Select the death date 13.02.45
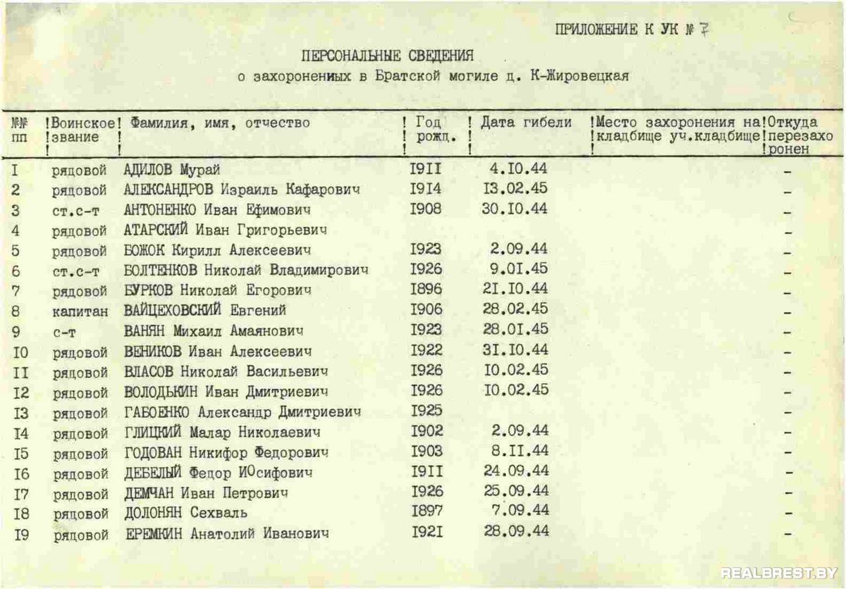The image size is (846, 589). [516, 189]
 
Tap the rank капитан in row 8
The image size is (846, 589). [80, 311]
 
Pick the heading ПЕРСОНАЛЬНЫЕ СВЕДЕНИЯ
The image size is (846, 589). [388, 55]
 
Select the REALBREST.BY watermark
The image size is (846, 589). [779, 572]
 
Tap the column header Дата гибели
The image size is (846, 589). [526, 123]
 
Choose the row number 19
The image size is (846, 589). [21, 535]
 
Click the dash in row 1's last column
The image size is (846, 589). [787, 172]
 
